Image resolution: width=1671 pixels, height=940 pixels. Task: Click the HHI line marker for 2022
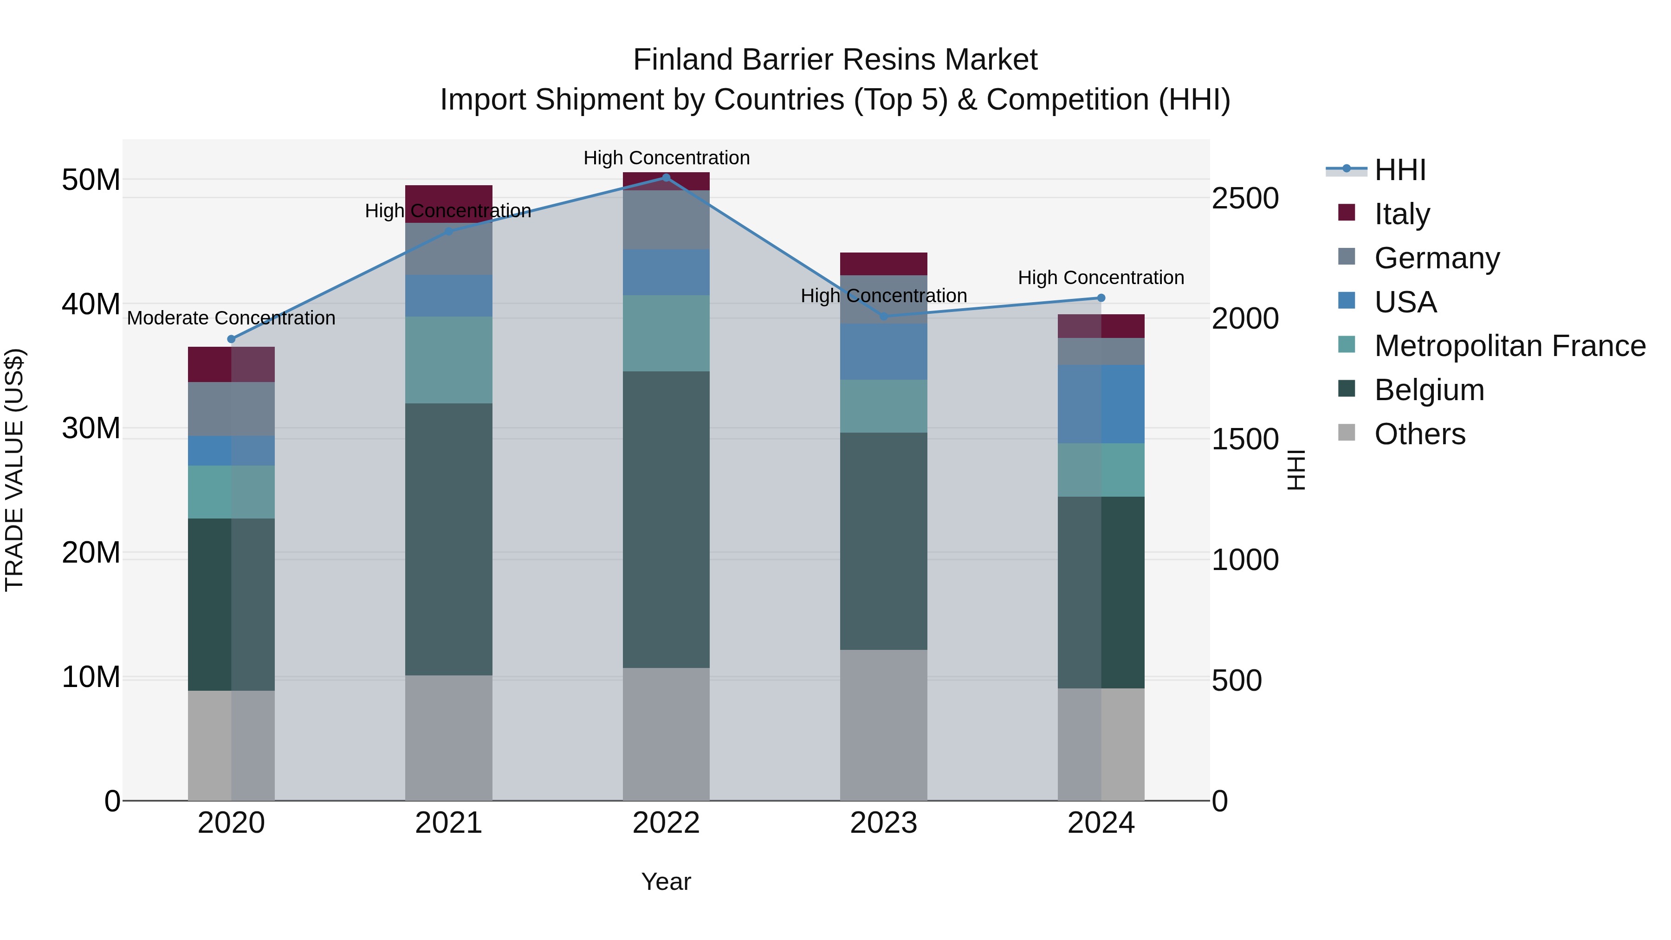pos(666,177)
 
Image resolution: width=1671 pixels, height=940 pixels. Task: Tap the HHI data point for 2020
pos(231,339)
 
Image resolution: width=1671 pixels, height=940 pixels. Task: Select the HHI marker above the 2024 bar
pos(1101,298)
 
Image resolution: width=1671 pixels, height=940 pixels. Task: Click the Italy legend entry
pos(1402,214)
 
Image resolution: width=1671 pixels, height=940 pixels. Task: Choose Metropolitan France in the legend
pos(1509,346)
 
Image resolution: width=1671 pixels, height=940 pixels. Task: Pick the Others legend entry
pos(1419,434)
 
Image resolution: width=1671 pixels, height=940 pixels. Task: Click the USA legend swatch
pos(1347,301)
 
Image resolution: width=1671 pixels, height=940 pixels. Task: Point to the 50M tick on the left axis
pos(91,180)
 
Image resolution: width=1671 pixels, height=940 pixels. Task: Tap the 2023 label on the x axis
pos(883,823)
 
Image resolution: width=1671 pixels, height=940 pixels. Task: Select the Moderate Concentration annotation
pos(231,318)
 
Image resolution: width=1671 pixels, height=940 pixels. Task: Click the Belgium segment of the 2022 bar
pos(666,519)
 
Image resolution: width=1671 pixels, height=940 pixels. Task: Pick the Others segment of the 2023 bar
pos(883,725)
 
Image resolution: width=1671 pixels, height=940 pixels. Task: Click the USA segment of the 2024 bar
pos(1101,403)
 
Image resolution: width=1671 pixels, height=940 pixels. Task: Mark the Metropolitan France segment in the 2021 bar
pos(448,360)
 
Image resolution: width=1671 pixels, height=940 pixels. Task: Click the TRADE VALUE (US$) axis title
pos(14,470)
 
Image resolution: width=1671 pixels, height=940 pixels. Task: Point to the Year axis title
pos(666,882)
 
